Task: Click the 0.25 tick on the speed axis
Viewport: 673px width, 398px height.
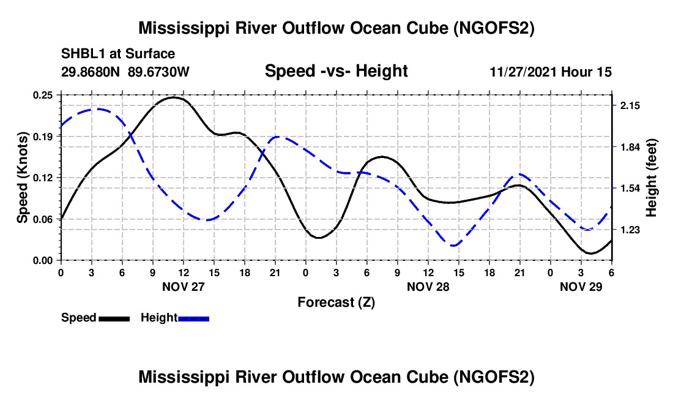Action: pyautogui.click(x=47, y=95)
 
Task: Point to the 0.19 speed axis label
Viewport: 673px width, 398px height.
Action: pyautogui.click(x=47, y=137)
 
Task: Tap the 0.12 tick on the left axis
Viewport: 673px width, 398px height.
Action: pyautogui.click(x=47, y=178)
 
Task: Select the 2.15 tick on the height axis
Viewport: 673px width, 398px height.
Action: pyautogui.click(x=630, y=106)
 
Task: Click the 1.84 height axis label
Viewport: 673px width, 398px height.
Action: pyautogui.click(x=630, y=147)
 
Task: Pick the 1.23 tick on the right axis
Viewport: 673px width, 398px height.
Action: pyautogui.click(x=630, y=230)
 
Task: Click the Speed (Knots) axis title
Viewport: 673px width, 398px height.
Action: pyautogui.click(x=23, y=178)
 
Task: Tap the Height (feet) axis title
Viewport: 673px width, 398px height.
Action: pyautogui.click(x=651, y=178)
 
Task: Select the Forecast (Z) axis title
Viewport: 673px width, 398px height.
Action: pyautogui.click(x=336, y=302)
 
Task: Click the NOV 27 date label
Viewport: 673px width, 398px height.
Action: pyautogui.click(x=183, y=287)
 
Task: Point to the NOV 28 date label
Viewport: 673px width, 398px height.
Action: pyautogui.click(x=428, y=287)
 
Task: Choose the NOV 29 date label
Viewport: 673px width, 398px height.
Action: pyautogui.click(x=581, y=287)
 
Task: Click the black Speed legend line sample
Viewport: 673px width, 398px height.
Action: pyautogui.click(x=114, y=318)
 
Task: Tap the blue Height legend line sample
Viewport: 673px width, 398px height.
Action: pyautogui.click(x=194, y=318)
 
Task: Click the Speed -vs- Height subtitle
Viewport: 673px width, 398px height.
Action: pyautogui.click(x=336, y=72)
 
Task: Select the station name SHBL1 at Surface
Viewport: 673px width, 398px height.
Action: pyautogui.click(x=118, y=54)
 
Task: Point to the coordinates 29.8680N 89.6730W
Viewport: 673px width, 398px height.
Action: pyautogui.click(x=125, y=72)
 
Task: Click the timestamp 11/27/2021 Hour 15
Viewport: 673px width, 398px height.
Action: pyautogui.click(x=551, y=72)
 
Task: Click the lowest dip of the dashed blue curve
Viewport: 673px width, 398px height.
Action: pyautogui.click(x=454, y=246)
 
